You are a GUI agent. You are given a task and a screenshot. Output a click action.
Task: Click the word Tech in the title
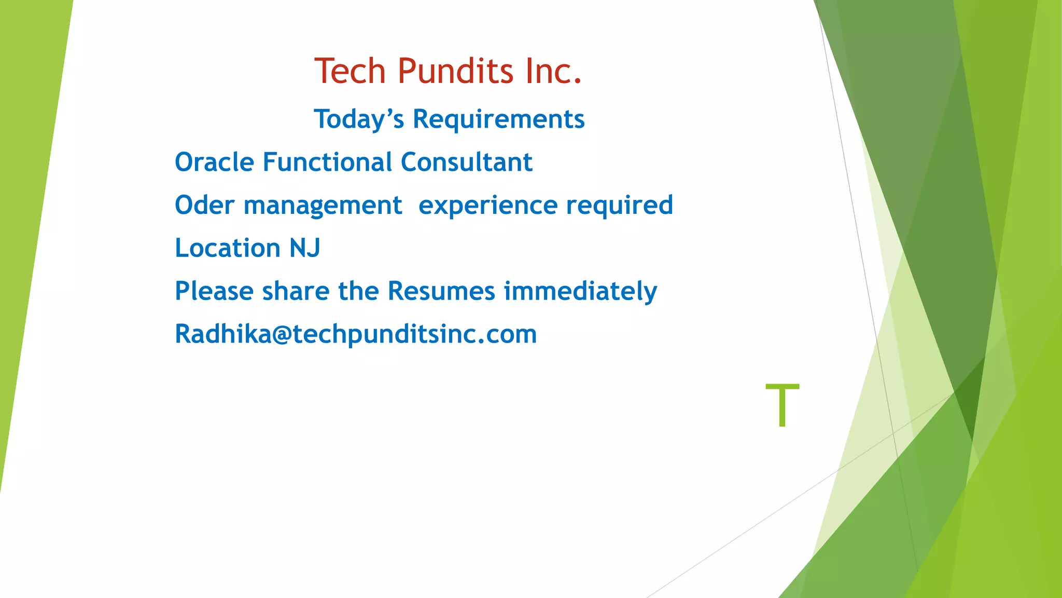click(350, 71)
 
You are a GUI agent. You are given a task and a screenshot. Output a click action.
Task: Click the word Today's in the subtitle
click(359, 119)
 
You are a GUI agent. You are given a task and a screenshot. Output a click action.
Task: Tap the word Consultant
click(466, 162)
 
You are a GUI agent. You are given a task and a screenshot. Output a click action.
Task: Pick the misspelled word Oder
click(204, 206)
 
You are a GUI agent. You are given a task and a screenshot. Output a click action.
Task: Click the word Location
click(228, 248)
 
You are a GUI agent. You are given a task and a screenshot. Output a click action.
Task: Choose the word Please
click(214, 291)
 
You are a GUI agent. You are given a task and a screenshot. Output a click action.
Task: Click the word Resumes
click(441, 291)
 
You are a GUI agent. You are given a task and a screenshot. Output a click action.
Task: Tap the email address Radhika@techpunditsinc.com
click(355, 334)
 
